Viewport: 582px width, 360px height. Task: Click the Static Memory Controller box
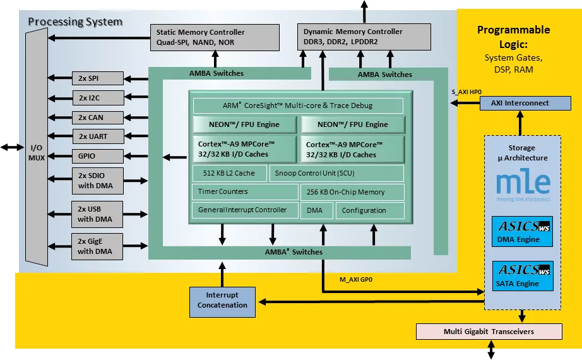[x=215, y=37]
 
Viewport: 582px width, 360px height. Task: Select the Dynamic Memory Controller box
[x=364, y=37]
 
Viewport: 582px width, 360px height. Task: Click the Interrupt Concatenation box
[x=222, y=301]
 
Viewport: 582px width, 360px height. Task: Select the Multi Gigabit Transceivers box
[x=489, y=332]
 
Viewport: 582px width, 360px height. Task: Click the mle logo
[x=523, y=185]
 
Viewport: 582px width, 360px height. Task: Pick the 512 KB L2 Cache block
[x=229, y=173]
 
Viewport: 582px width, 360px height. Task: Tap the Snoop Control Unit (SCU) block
[x=336, y=173]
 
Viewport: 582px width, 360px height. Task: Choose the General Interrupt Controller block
[x=243, y=210]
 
